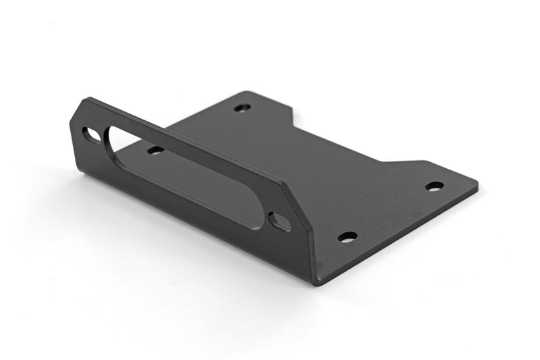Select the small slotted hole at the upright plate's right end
[279, 221]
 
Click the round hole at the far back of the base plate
[242, 107]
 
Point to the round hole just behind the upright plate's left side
[155, 150]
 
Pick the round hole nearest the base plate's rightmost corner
[434, 186]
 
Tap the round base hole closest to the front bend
[348, 237]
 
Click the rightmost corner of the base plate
[477, 184]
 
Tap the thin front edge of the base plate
[398, 236]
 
